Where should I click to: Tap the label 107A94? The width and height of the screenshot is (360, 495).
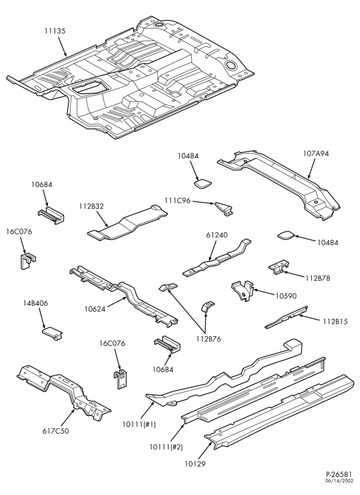point(316,154)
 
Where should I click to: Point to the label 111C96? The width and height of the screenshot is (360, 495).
point(178,200)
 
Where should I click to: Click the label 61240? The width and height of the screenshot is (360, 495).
point(217,235)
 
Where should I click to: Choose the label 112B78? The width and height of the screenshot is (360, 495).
point(318,278)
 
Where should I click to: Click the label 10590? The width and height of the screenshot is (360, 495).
point(286,296)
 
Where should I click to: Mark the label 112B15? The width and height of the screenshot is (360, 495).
point(335,322)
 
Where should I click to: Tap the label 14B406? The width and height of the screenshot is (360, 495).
point(35,303)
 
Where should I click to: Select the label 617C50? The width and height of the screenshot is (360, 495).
point(55,431)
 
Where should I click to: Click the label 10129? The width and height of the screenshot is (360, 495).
point(195,464)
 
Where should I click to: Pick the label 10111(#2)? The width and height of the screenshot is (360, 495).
point(167,446)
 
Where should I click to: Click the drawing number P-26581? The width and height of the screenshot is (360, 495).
point(340,483)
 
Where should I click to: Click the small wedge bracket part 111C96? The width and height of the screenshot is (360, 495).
point(225,209)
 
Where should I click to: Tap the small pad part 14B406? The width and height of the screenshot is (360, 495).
point(52,334)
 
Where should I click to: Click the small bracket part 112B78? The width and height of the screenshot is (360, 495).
point(279,267)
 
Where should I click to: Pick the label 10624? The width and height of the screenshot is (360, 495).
point(94,309)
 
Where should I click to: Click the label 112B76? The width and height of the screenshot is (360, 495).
point(208,339)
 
